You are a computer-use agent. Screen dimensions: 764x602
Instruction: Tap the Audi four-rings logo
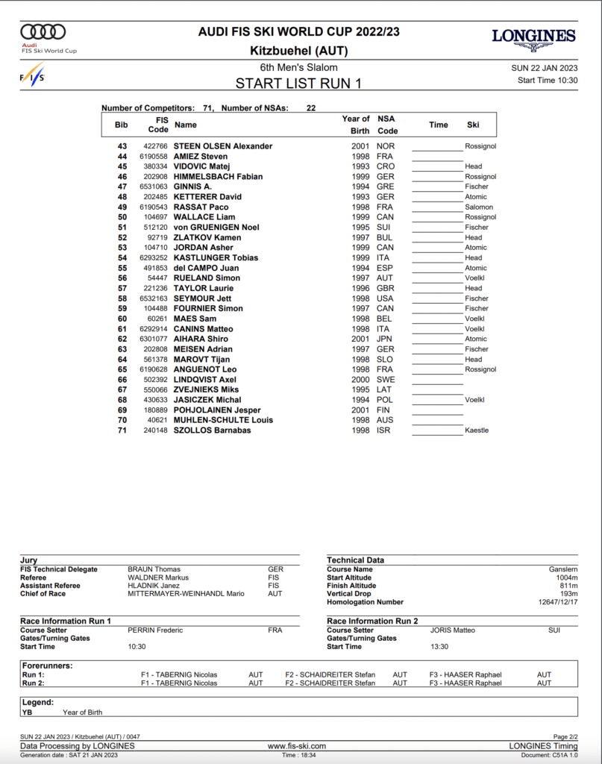click(43, 31)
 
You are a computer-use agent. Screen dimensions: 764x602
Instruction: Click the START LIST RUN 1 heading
click(298, 84)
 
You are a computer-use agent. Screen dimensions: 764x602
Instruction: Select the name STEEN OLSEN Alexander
click(223, 146)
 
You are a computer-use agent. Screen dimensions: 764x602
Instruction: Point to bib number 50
click(122, 217)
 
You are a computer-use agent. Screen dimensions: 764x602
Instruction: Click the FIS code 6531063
click(152, 187)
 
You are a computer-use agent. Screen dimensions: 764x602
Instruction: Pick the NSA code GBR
click(386, 288)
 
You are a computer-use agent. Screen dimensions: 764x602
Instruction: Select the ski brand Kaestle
click(477, 430)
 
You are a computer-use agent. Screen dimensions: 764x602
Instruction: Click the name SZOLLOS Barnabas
click(212, 430)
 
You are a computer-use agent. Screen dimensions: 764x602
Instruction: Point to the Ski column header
click(473, 125)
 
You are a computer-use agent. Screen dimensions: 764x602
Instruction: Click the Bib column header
click(122, 125)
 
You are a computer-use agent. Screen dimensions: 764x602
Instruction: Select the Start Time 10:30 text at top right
click(548, 80)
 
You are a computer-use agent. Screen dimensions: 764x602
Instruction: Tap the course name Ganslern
click(562, 569)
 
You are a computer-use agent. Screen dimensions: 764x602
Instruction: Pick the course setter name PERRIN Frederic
click(155, 630)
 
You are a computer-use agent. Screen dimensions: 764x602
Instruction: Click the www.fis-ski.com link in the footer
click(297, 746)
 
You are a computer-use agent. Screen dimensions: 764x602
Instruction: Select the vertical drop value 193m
click(568, 594)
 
